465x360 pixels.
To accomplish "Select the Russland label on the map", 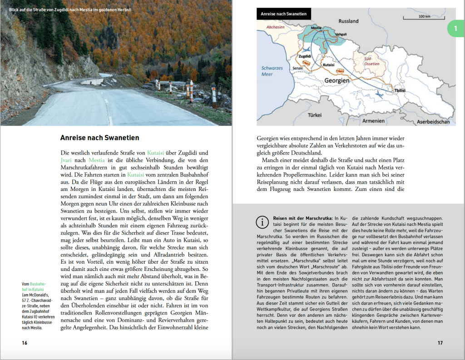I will click(348, 21).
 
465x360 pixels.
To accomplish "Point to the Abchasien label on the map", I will click(276, 26).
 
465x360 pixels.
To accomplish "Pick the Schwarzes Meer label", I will click(272, 71).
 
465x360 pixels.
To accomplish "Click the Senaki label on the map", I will click(298, 67).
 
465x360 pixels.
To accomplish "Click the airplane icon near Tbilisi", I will click(381, 93).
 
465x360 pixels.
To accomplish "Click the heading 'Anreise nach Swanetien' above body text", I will click(99, 138).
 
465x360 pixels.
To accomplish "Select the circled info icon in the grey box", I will click(262, 222).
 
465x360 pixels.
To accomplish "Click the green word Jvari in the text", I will click(66, 160).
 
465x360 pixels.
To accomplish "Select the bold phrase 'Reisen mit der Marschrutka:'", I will click(302, 219).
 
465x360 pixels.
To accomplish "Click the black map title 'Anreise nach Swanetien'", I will click(283, 14).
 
